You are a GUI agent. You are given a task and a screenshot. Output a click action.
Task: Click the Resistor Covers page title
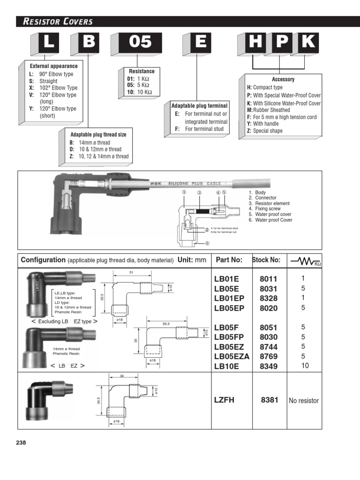[55, 22]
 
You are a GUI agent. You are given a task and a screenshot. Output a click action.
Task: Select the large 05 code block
[139, 43]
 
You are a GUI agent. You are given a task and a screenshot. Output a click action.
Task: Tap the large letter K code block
[308, 43]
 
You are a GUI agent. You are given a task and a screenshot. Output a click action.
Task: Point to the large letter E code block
[201, 43]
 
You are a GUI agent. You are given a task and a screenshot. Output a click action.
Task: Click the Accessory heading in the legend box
[283, 80]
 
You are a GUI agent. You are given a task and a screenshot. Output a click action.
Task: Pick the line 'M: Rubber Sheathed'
[269, 110]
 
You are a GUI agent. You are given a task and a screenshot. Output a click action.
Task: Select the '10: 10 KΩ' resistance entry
[136, 92]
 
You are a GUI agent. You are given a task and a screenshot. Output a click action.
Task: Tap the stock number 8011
[269, 279]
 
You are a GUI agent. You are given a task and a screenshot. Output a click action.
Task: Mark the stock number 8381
[270, 400]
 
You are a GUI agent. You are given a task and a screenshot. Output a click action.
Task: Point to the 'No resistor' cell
[304, 401]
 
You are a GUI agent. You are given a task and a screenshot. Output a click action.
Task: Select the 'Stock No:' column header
[266, 260]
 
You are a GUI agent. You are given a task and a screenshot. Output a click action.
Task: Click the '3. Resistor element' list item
[269, 203]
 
